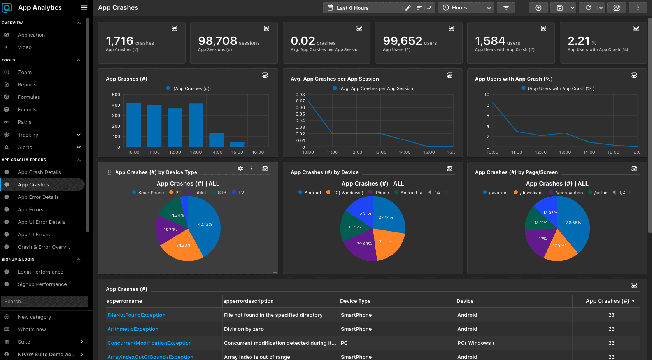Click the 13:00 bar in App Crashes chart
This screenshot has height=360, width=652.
[196, 125]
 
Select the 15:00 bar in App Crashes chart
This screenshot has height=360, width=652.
[237, 144]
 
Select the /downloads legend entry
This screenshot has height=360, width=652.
[529, 193]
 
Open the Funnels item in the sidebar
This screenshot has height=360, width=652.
[27, 109]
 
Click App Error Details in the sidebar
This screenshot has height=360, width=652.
[38, 197]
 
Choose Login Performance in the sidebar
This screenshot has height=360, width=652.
[40, 272]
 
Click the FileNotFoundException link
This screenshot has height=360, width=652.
[136, 315]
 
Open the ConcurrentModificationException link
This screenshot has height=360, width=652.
[149, 343]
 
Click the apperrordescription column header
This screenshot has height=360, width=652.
[248, 301]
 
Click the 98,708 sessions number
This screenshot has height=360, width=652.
[217, 41]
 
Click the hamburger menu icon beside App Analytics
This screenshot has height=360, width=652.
[84, 7]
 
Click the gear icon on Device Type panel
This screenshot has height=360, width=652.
[240, 169]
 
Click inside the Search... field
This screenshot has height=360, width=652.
[44, 301]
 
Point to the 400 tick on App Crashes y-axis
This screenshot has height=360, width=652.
[116, 105]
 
